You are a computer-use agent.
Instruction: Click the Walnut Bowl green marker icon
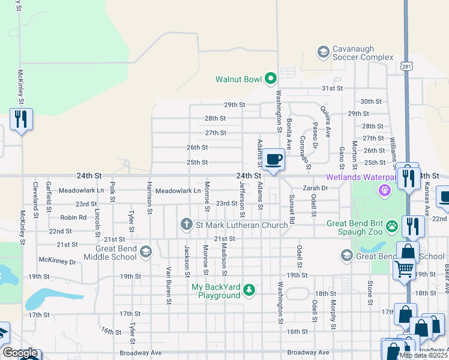coord(271,77)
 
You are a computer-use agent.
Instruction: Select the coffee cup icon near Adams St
coord(274,160)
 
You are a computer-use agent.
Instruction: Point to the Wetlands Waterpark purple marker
coord(385,190)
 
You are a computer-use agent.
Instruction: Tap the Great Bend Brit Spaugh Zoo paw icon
coord(392,226)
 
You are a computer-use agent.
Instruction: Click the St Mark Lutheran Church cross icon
coord(187,225)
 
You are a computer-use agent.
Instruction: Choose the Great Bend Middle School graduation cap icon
coord(145,252)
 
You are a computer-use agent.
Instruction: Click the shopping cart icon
coord(404,268)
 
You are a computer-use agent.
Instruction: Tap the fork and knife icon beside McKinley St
coord(22,119)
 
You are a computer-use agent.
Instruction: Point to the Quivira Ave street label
coord(326,122)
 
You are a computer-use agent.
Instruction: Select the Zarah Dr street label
coord(316,188)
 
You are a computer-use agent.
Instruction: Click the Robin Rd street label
coord(73,218)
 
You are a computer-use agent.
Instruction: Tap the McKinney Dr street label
coord(57,261)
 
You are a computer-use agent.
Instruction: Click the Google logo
coord(20,353)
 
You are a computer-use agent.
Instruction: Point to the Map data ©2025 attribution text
coord(423,355)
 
